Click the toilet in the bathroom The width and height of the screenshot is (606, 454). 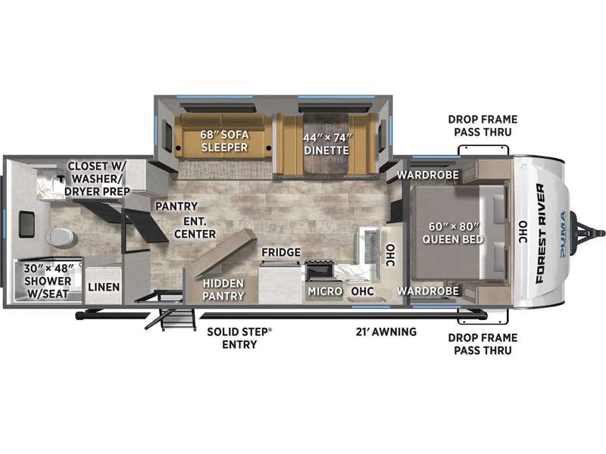pos(61,238)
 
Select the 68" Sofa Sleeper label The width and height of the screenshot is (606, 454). pos(224,141)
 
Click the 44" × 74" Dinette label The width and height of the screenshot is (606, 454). pos(327,144)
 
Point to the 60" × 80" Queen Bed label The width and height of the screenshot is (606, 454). pos(452,233)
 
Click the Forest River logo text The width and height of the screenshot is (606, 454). pos(541,233)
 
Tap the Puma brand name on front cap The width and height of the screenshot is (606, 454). pos(563,234)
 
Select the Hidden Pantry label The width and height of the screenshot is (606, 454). pos(223,290)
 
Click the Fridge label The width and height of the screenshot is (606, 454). pos(281,252)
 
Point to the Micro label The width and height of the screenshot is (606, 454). pos(325,291)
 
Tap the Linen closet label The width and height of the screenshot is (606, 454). pos(104,287)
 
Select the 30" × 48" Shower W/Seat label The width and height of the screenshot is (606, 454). pos(48,281)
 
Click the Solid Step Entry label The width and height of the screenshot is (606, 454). pos(239,337)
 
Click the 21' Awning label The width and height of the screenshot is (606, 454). pos(386,331)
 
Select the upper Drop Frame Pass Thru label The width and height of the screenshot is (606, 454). pos(483,126)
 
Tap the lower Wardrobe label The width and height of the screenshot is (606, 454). pos(428,291)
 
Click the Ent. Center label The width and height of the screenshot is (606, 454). pos(195,228)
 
